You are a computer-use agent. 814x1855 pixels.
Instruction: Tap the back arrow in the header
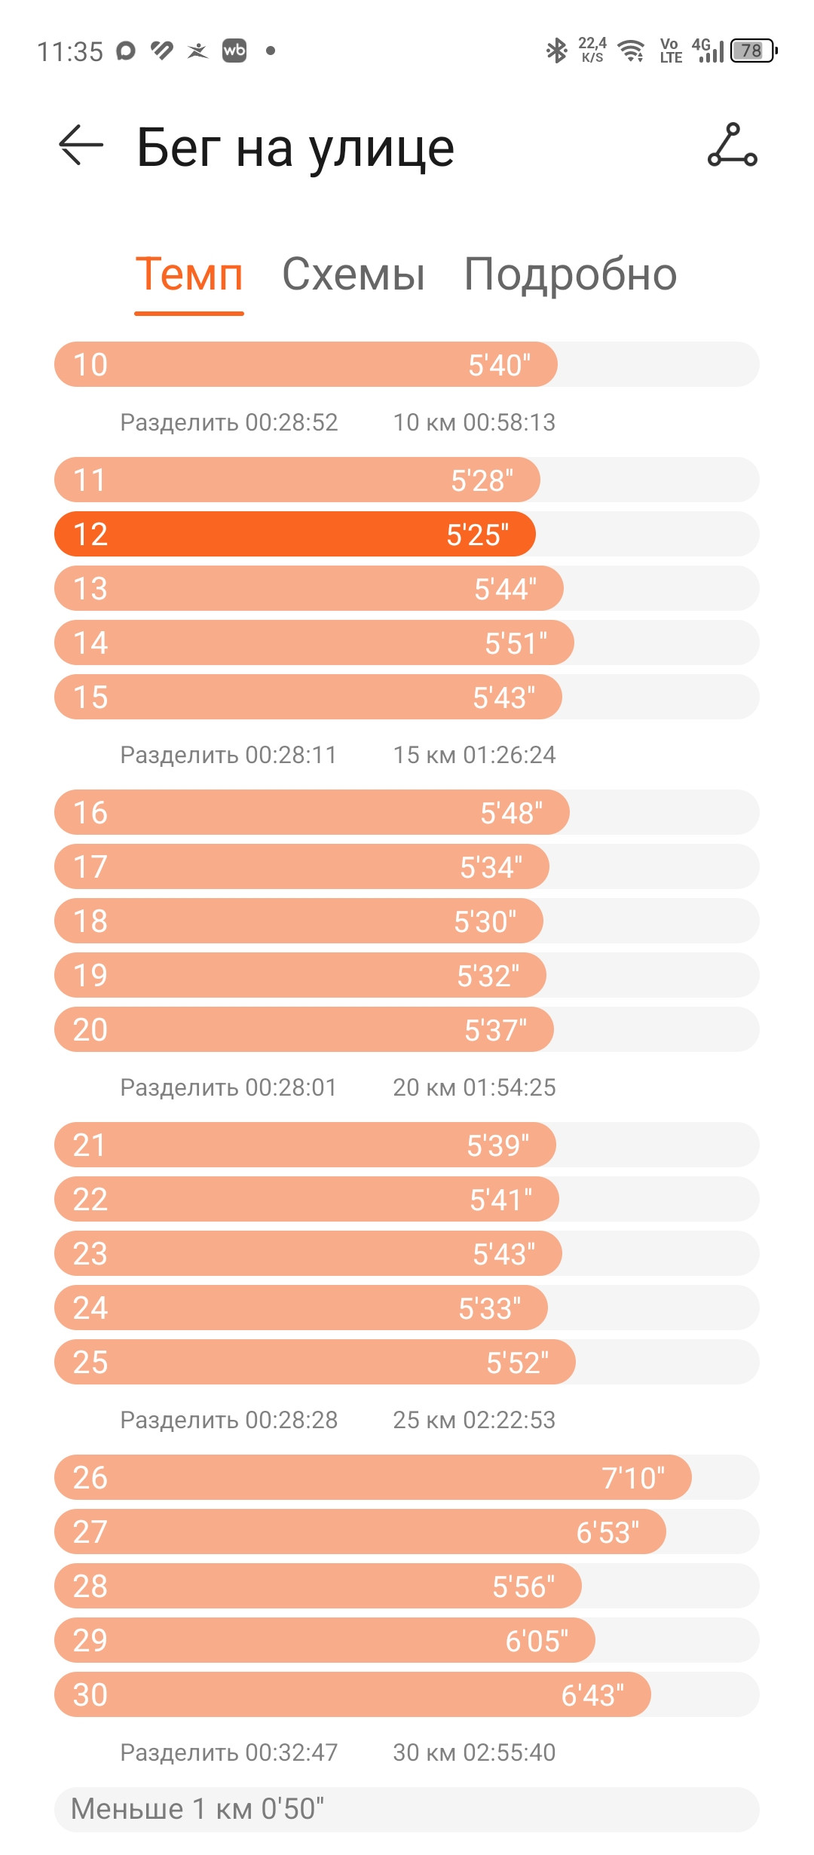(x=81, y=144)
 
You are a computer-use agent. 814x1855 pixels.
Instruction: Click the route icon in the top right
(x=732, y=144)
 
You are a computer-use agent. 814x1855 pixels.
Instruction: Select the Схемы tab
(x=353, y=274)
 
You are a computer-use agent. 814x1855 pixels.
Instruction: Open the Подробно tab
(x=571, y=274)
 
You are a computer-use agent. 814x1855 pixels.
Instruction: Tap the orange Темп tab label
(x=189, y=274)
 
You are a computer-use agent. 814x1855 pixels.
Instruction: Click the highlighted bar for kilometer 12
(x=295, y=534)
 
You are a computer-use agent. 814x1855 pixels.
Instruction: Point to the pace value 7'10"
(x=633, y=1478)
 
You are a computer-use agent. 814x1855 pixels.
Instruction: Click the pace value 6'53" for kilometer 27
(x=607, y=1532)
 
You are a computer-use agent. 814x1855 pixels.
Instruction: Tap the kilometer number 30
(x=90, y=1695)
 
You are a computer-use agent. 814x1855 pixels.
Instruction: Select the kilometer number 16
(x=90, y=813)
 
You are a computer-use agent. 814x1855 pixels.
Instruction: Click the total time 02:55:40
(x=510, y=1752)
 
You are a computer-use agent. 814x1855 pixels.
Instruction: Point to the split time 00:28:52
(x=292, y=422)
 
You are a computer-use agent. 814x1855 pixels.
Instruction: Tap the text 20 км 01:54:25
(x=474, y=1087)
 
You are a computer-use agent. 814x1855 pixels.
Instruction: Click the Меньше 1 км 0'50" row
(x=406, y=1809)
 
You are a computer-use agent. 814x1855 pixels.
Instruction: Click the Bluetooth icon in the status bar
(x=556, y=51)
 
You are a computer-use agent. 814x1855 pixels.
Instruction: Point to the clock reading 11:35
(x=70, y=51)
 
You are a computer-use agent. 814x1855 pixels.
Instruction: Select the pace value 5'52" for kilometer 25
(x=518, y=1363)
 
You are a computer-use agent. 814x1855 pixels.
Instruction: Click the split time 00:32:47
(x=292, y=1752)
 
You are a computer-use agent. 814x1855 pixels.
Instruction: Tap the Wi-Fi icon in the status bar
(x=631, y=51)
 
